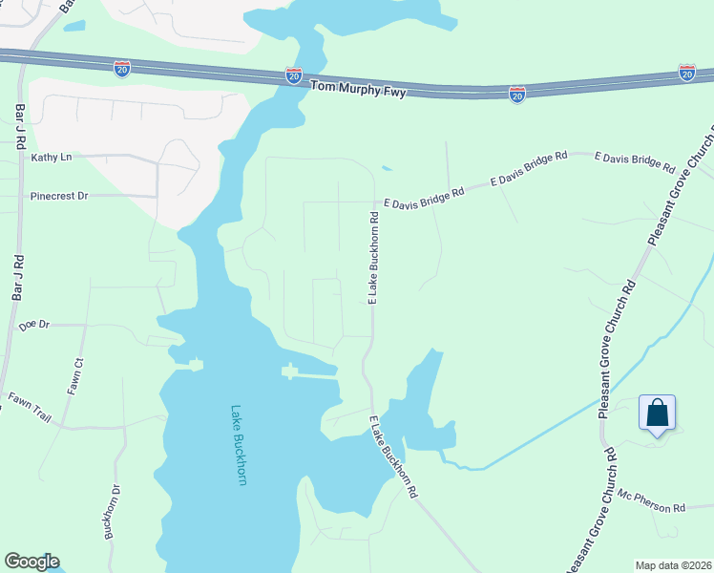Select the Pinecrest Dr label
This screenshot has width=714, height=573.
[59, 196]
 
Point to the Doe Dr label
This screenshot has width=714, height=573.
[33, 326]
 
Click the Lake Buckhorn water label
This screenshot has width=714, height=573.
[239, 445]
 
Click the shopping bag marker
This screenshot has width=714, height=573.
[657, 414]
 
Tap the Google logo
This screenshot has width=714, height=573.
[31, 562]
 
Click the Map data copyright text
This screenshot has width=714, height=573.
[674, 565]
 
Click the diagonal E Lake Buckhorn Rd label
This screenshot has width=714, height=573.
[394, 457]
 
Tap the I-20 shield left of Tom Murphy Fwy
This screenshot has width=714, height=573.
[294, 75]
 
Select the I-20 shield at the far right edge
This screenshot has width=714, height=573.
[687, 72]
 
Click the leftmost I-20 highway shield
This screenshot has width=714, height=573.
[122, 68]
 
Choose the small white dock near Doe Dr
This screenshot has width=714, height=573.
[195, 363]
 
